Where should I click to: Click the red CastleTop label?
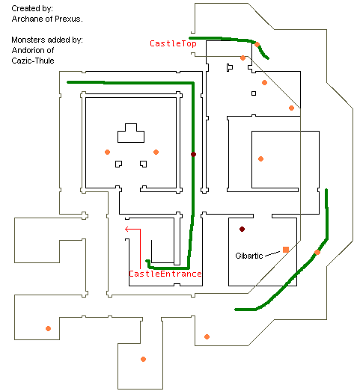coord(173,43)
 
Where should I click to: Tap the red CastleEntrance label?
coord(165,274)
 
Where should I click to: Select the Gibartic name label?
coord(249,256)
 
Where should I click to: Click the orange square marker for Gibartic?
coord(286,250)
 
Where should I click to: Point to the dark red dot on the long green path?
coord(193,154)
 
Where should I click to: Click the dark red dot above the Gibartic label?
coord(242,229)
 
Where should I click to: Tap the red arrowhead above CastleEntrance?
coord(126,229)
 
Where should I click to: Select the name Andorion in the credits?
coord(28,50)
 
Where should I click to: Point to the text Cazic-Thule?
coord(33,61)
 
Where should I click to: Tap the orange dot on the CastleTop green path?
coord(257,45)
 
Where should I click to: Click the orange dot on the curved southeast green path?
coord(317,252)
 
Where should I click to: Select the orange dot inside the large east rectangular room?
coord(260,158)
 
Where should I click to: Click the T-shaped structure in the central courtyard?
coord(131,133)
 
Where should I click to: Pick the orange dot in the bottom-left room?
coord(48,328)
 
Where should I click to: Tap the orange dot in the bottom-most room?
coord(143,359)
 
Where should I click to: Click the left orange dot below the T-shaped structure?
coord(107,152)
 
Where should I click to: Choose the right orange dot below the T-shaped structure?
coord(156,152)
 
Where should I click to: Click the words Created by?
coord(32,8)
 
